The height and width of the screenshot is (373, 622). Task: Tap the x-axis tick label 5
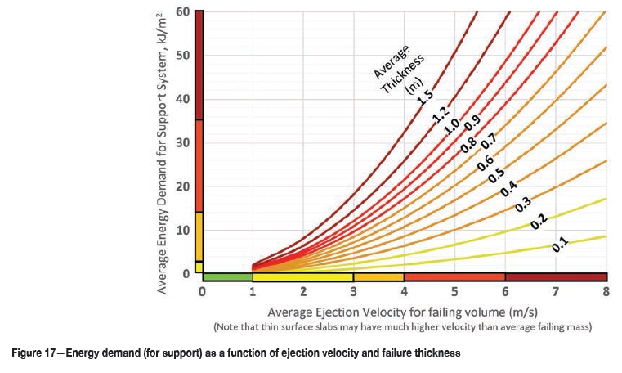pos(454,292)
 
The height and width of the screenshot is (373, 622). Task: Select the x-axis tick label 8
pos(606,292)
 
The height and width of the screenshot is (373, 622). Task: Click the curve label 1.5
pos(424,96)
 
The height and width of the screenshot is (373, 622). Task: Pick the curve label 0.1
pos(560,243)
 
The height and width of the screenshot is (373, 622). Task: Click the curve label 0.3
pos(523,205)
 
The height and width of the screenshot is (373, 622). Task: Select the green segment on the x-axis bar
pos(227,277)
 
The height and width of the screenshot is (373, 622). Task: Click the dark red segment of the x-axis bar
pos(555,277)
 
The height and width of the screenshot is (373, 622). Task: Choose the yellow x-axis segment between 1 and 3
pos(302,277)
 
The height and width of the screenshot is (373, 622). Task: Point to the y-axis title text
pos(163,155)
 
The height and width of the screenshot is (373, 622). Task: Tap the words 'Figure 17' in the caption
pos(34,353)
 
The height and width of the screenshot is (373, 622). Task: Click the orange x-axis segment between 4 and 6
pos(454,277)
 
